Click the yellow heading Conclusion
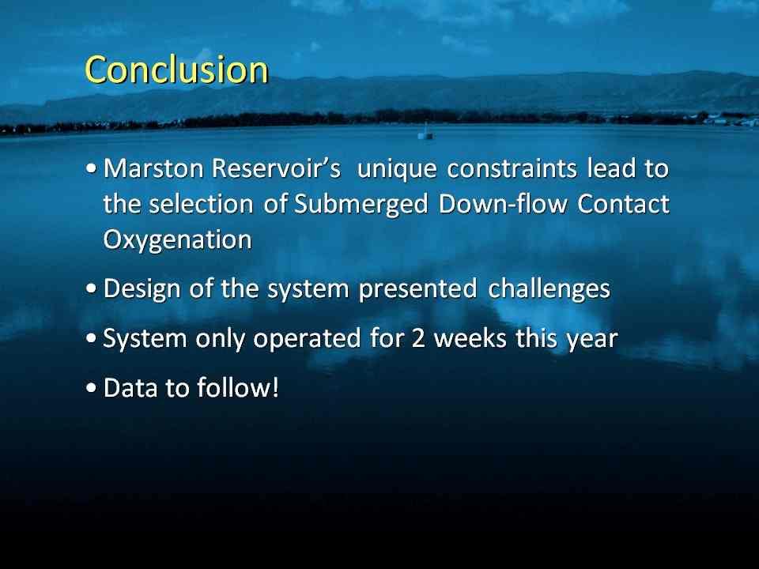coord(176,70)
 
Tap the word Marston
coord(153,169)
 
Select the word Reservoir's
coord(276,169)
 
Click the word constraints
coord(512,169)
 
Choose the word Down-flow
coord(503,204)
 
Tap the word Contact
coord(623,204)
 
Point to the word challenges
coord(549,289)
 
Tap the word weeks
coord(470,338)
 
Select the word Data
coord(130,388)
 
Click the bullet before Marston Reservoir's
coord(91,169)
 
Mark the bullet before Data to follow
coord(91,388)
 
